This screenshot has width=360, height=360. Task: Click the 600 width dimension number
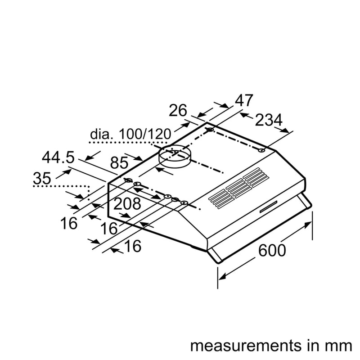pyautogui.click(x=272, y=251)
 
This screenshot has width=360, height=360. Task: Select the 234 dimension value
pyautogui.click(x=268, y=120)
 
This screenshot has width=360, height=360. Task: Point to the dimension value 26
pyautogui.click(x=178, y=110)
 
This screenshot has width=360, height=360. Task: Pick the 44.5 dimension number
pyautogui.click(x=58, y=157)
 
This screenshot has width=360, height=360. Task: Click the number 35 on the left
pyautogui.click(x=42, y=179)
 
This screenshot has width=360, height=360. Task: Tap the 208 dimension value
pyautogui.click(x=127, y=204)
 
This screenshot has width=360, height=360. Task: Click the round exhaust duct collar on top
pyautogui.click(x=175, y=156)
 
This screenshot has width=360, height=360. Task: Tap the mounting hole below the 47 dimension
pyautogui.click(x=210, y=130)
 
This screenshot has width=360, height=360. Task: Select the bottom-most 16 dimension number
pyautogui.click(x=132, y=246)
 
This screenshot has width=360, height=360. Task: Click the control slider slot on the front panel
pyautogui.click(x=268, y=207)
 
